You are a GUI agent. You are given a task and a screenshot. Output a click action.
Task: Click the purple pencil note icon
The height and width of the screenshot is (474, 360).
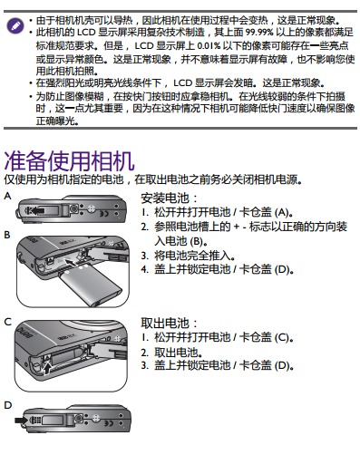click(x=15, y=25)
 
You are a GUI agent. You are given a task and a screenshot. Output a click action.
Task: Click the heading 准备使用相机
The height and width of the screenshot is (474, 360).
click(x=69, y=161)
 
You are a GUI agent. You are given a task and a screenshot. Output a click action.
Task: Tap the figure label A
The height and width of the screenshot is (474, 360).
click(x=7, y=197)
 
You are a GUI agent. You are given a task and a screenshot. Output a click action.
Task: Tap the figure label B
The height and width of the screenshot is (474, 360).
click(x=7, y=235)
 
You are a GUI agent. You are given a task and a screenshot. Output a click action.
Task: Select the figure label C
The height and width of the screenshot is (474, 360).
click(x=8, y=322)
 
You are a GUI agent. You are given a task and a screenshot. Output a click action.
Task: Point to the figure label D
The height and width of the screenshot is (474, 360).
click(x=8, y=405)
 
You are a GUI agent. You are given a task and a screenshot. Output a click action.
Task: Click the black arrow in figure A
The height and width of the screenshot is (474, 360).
click(x=38, y=210)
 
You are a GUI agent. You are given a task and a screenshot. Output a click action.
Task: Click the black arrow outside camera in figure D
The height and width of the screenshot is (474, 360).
click(x=21, y=420)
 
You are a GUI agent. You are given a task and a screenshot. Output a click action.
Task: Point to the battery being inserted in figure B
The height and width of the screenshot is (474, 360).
click(x=91, y=286)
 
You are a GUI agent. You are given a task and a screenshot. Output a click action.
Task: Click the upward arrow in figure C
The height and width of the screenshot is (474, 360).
click(x=46, y=367)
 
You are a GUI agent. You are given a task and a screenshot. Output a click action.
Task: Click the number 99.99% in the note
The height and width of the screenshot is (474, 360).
click(x=259, y=32)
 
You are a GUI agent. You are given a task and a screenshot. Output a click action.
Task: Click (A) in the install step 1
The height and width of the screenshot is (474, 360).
click(x=282, y=212)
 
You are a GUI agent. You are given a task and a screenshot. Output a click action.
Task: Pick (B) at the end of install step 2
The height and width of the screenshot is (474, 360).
click(x=196, y=242)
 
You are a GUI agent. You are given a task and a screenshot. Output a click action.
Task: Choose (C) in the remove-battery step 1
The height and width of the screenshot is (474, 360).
click(x=282, y=337)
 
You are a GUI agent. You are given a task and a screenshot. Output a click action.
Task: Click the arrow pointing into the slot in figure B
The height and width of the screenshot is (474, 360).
click(x=70, y=262)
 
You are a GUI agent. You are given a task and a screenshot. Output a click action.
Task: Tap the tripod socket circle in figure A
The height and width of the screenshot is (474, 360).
click(x=73, y=208)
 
